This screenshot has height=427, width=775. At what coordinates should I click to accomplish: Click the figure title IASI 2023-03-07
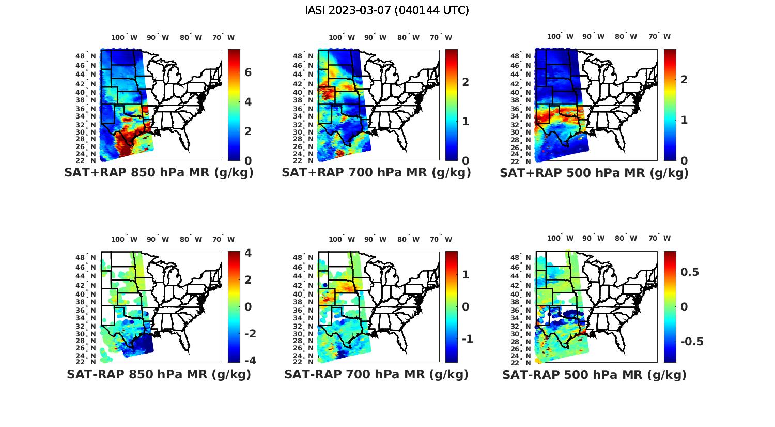pos(387,10)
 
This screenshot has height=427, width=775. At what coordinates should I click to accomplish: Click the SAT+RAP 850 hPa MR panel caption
pos(159,173)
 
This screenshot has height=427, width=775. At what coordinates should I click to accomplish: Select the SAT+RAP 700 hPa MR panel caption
pos(376,173)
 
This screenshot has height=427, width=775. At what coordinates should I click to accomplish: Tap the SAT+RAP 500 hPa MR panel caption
pos(594,173)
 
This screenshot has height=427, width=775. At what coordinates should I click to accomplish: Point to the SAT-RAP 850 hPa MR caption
pos(159,374)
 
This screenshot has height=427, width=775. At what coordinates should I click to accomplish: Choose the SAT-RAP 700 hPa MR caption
pos(376,374)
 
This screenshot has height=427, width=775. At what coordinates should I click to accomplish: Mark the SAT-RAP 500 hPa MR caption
pos(594,375)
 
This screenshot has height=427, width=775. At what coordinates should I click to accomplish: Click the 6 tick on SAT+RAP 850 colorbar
pos(248,72)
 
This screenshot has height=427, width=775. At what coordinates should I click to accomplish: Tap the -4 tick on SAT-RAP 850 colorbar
pos(249,361)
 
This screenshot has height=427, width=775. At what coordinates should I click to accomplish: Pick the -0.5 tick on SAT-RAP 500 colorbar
pos(692,342)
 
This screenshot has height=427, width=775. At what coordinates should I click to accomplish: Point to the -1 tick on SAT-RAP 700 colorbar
pos(467,339)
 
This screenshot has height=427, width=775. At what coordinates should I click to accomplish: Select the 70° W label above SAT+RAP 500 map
pos(659,37)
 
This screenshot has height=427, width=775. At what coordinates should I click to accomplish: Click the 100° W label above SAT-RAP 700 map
pos(342,239)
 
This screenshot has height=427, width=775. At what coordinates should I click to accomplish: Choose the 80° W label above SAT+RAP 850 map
pos(191,37)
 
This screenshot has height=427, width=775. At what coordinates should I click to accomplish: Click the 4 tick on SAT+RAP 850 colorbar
pos(248,102)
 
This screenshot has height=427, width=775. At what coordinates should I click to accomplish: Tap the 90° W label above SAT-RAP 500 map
pos(594,239)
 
